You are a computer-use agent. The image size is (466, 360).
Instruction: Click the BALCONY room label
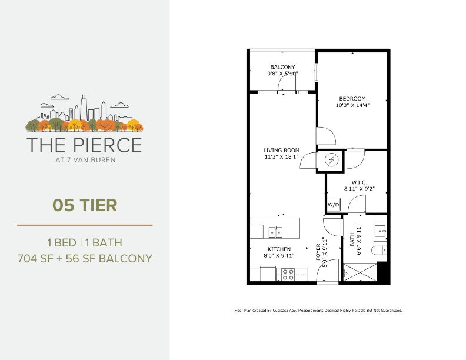(282, 67)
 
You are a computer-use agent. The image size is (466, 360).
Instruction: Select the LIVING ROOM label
(281, 151)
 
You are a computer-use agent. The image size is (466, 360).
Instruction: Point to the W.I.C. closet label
(360, 182)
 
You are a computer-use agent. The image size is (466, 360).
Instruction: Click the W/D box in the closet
(334, 205)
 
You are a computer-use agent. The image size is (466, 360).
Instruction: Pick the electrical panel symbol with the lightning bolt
(331, 161)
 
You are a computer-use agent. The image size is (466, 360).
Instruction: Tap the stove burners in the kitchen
(288, 274)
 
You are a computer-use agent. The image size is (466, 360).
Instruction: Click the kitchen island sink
(275, 230)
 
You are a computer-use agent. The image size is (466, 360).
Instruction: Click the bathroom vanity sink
(381, 232)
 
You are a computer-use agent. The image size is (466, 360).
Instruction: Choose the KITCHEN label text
(279, 249)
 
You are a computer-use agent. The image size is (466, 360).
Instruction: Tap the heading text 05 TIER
(85, 205)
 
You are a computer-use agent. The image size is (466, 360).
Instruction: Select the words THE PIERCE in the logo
(84, 144)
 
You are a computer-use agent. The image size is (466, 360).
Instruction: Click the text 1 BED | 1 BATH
(85, 242)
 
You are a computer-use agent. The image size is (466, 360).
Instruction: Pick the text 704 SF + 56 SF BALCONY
(85, 258)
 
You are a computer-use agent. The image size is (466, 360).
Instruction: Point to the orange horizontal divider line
(85, 225)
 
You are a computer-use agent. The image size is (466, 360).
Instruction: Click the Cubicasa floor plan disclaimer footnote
(318, 310)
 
